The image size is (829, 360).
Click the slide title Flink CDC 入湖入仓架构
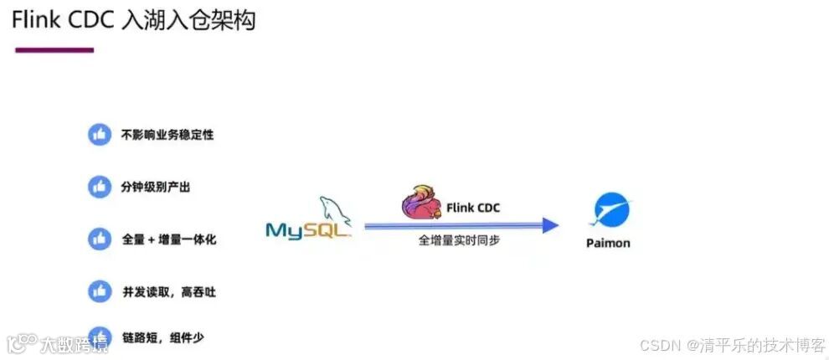click(x=133, y=20)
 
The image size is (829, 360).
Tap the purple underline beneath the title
click(x=54, y=50)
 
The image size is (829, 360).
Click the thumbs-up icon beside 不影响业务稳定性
click(x=100, y=134)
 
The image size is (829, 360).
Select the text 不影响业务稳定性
click(x=167, y=134)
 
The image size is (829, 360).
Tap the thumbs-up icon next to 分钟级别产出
click(x=100, y=186)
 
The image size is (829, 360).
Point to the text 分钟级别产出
click(x=156, y=187)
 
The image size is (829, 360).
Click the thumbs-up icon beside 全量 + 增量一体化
click(x=100, y=239)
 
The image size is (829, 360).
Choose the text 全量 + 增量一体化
click(x=169, y=239)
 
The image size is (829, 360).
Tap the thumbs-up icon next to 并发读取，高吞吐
click(x=100, y=291)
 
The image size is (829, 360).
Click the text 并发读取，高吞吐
click(x=168, y=291)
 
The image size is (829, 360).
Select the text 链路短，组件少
click(x=162, y=337)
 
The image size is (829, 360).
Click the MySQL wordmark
click(x=306, y=230)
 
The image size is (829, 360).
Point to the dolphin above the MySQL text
click(x=332, y=209)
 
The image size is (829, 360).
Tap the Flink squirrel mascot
click(x=421, y=205)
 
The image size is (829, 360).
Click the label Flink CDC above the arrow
click(x=472, y=208)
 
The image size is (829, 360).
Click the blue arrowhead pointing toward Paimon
click(x=549, y=224)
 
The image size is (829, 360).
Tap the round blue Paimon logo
click(x=611, y=209)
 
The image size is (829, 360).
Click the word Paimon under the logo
click(x=608, y=243)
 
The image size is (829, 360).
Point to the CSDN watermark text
click(x=733, y=345)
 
